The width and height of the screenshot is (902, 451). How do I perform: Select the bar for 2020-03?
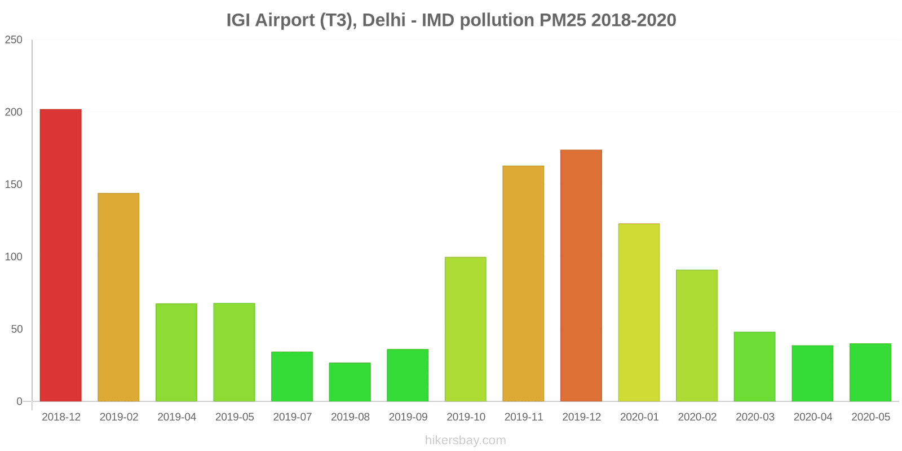754,366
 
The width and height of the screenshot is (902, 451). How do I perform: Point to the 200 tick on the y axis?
14,112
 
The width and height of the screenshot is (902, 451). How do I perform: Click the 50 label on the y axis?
17,329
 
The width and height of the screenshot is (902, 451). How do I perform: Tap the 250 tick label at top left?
14,40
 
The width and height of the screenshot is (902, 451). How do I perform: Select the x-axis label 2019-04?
176,417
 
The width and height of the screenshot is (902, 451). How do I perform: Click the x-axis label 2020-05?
870,417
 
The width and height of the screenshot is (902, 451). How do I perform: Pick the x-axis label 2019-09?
408,417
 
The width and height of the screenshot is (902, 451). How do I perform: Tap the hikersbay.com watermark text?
465,440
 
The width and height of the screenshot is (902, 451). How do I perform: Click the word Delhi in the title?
383,20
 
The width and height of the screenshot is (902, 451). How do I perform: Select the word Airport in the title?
285,20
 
